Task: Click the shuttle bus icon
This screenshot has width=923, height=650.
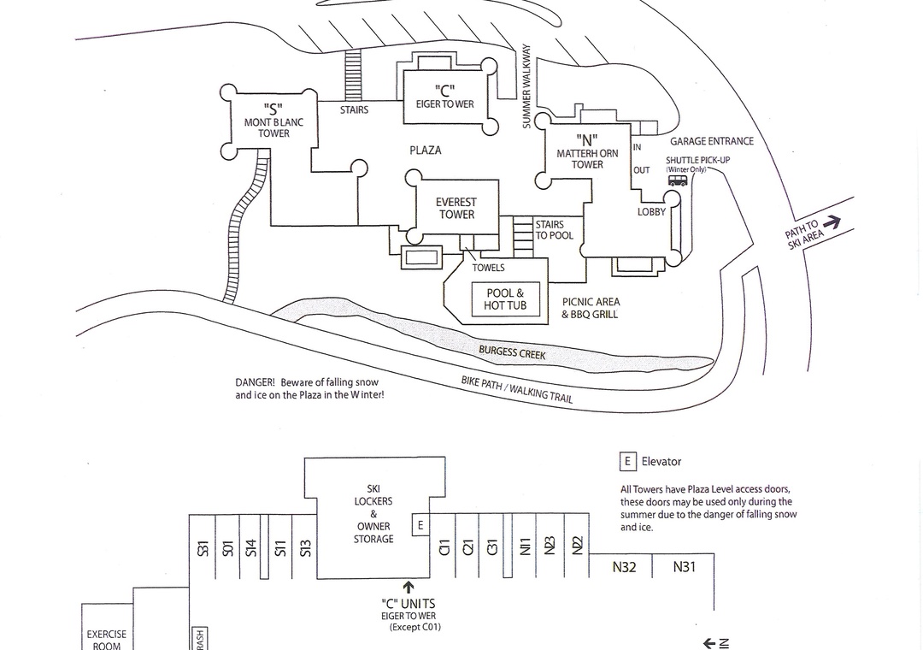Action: click(x=678, y=180)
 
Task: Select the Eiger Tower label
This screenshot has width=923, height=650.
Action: click(x=444, y=97)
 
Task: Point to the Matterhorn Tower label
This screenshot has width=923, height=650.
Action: click(x=587, y=152)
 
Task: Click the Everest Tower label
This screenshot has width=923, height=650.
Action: click(x=456, y=209)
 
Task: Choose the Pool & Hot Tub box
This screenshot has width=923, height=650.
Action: click(x=506, y=299)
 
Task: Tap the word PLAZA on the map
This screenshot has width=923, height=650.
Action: click(x=426, y=151)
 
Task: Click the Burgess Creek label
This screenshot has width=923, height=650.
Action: click(x=512, y=352)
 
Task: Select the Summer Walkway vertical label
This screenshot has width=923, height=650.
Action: click(x=526, y=87)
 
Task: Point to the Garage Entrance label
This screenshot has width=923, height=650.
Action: click(x=712, y=142)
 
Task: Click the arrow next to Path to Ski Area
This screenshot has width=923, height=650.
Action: click(x=832, y=222)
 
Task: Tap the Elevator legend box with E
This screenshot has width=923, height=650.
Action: click(x=628, y=462)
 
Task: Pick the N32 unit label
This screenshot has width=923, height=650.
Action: click(x=624, y=567)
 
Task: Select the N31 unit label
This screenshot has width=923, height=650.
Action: click(x=685, y=567)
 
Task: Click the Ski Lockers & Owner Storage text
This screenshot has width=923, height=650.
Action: click(x=373, y=514)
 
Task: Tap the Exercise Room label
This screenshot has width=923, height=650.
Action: click(x=107, y=640)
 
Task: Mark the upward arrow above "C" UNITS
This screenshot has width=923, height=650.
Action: click(x=409, y=587)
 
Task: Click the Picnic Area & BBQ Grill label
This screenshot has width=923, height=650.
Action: click(x=591, y=308)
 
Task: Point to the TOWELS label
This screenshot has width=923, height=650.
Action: click(x=489, y=268)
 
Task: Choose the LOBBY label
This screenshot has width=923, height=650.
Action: click(x=651, y=212)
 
